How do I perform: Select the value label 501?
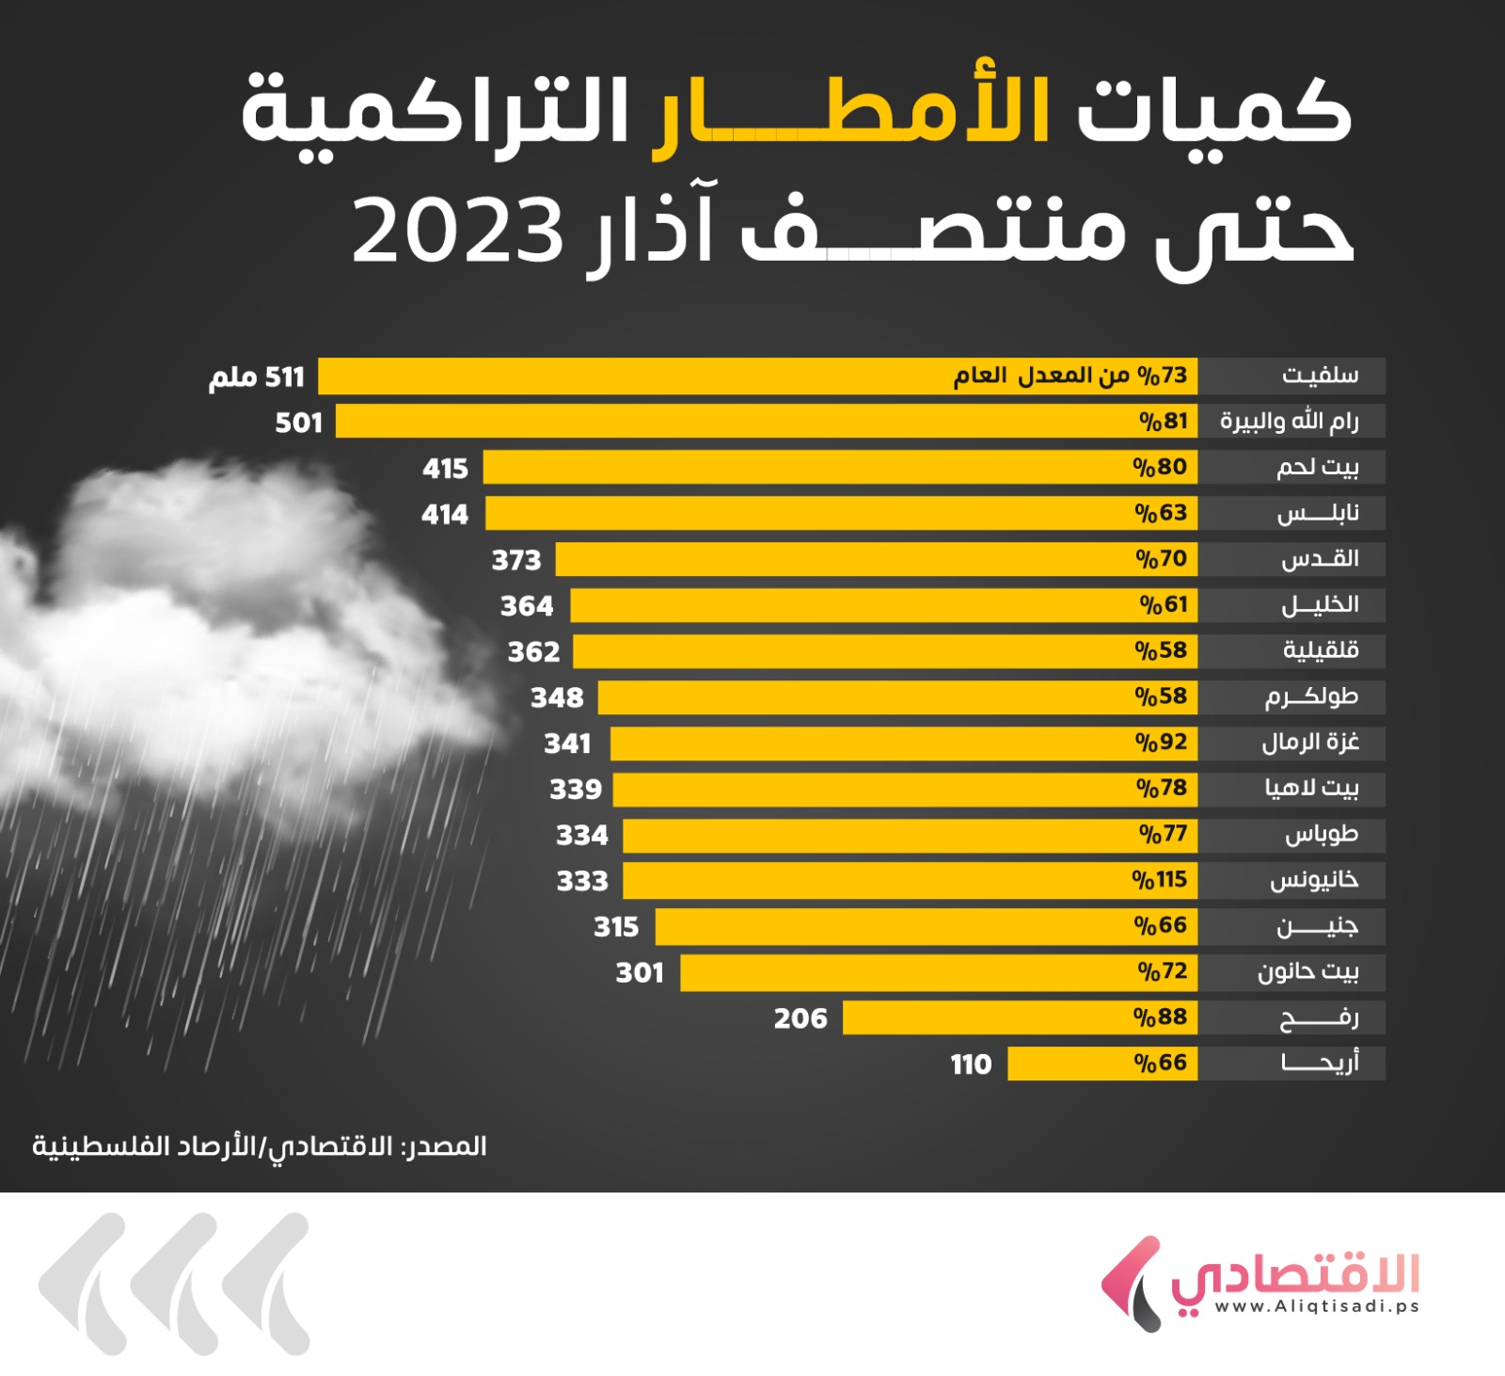pyautogui.click(x=298, y=423)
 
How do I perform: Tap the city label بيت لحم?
pyautogui.click(x=1317, y=468)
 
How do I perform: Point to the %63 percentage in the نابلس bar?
pyautogui.click(x=1161, y=514)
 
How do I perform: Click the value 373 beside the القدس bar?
pyautogui.click(x=516, y=560)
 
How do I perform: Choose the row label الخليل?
pyautogui.click(x=1320, y=605)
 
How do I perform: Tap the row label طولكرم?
pyautogui.click(x=1311, y=697)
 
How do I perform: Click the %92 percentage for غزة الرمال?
pyautogui.click(x=1161, y=743)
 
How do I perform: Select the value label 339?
pyautogui.click(x=576, y=789)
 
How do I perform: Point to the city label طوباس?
pyautogui.click(x=1322, y=835)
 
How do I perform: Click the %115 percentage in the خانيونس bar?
pyautogui.click(x=1159, y=880)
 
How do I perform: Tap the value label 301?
pyautogui.click(x=640, y=972)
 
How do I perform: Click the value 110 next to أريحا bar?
pyautogui.click(x=971, y=1064)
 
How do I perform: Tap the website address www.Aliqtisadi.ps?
pyautogui.click(x=1316, y=1306)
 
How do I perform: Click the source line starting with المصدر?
pyautogui.click(x=260, y=1146)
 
